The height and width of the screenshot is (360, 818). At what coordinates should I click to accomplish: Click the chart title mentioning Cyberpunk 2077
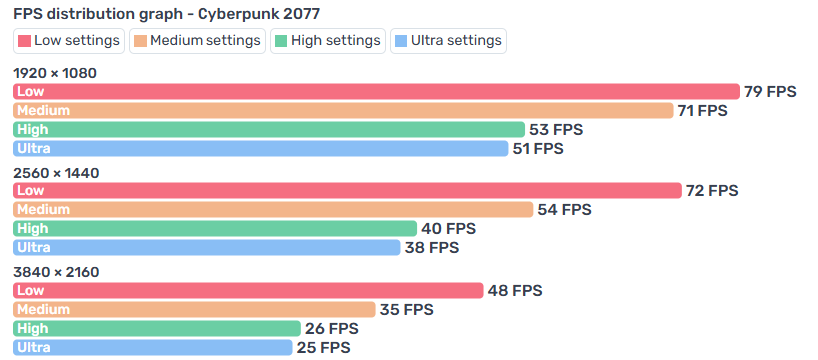pos(167,14)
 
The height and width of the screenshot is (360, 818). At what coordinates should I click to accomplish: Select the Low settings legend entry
pos(69,41)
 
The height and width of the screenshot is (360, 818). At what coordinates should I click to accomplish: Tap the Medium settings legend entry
pos(198,41)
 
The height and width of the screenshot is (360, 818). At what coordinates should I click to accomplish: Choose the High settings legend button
pos(328,41)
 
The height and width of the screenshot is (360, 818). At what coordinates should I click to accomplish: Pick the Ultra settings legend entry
pos(448,41)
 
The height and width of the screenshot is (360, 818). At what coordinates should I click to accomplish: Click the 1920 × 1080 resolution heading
pos(55,73)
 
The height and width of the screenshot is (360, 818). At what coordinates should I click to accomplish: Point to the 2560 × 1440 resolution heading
pos(56,173)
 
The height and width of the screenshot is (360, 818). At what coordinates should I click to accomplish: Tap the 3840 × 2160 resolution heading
pos(56,272)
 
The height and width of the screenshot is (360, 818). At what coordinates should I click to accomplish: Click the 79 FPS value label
pos(770,92)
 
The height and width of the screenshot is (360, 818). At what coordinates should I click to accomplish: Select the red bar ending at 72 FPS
pos(347,190)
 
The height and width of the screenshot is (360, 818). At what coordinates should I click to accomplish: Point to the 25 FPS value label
pos(323,347)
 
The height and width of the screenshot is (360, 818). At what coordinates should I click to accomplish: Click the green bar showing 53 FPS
pos(268,129)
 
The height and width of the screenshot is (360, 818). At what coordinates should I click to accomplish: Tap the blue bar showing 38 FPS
pos(206,248)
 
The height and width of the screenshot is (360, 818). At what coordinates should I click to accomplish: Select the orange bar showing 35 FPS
pos(195,309)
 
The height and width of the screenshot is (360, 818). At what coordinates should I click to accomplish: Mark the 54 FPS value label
pos(564,209)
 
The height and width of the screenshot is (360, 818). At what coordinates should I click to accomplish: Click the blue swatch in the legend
pos(402,41)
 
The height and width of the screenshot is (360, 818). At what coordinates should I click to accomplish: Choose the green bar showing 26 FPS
pos(157,329)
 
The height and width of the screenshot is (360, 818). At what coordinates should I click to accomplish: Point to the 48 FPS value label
pos(515,290)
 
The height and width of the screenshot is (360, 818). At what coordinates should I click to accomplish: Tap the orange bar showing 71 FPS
pos(343,110)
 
